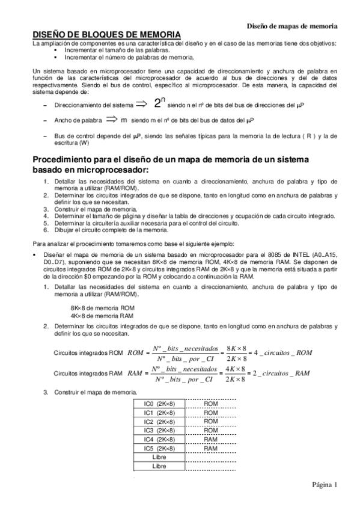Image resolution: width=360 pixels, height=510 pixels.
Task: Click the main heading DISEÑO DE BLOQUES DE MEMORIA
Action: tap(105, 36)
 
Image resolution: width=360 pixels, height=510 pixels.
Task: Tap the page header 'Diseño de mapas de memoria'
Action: tap(292, 26)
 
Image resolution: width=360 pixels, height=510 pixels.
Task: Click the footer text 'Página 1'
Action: tap(325, 485)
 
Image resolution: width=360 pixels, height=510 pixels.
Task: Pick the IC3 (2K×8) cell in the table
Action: tap(159, 431)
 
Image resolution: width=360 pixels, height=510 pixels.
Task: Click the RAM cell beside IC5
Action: tap(210, 448)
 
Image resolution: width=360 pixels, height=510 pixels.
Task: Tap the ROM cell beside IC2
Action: tap(210, 422)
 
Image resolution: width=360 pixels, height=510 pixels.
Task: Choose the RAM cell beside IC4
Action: tap(210, 440)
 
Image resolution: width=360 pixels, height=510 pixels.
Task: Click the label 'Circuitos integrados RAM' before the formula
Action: tap(88, 373)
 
